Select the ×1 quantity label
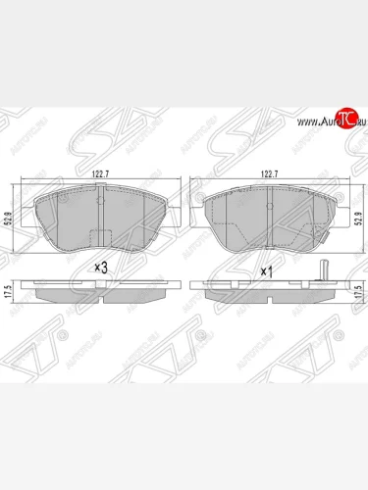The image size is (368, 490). pyautogui.click(x=265, y=268)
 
